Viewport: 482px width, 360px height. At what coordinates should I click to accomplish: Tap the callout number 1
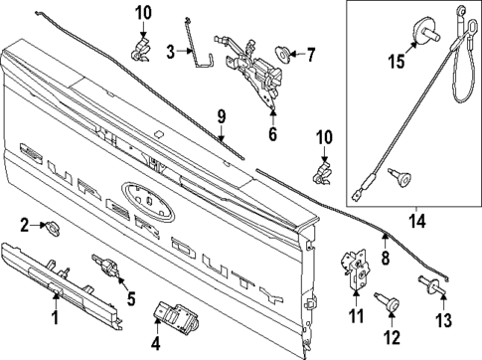[56, 318]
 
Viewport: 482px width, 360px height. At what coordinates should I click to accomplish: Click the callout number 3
[171, 51]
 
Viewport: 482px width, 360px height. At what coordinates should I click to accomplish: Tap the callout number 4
[155, 347]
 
